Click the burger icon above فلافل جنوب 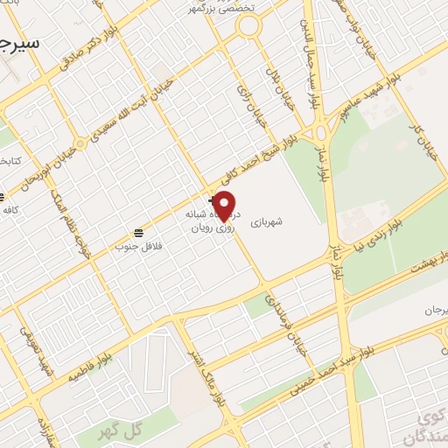click(138, 232)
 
